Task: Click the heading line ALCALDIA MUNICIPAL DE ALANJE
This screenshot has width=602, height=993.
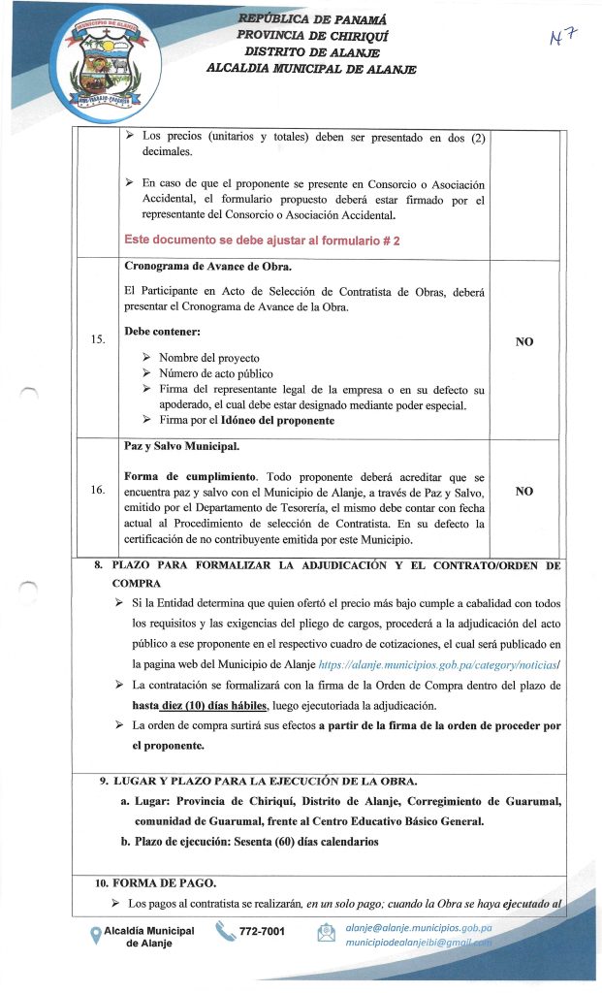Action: (x=311, y=68)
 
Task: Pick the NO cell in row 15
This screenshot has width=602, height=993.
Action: (x=524, y=341)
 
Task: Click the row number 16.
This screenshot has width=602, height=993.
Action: (x=98, y=490)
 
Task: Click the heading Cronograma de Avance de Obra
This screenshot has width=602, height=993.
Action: (x=208, y=266)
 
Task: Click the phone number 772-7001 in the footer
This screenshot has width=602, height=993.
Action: (x=262, y=931)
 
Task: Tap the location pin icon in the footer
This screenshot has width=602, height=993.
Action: (x=95, y=935)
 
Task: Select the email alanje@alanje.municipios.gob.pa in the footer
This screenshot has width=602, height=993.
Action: (x=419, y=927)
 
